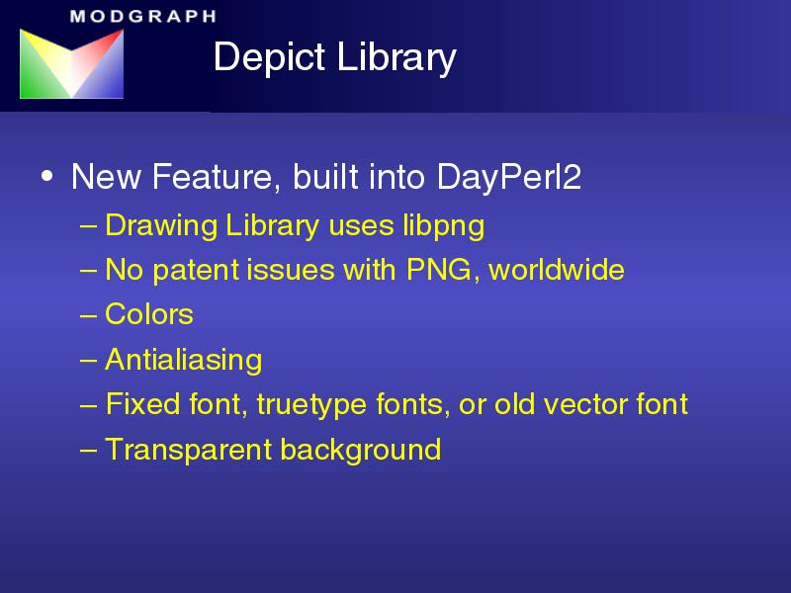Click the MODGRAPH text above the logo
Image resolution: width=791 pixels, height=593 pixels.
coord(143,16)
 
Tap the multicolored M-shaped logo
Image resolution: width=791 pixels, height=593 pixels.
coord(71,63)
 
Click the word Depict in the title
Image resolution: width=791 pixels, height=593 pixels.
coord(269,57)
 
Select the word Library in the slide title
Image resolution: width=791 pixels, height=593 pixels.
coord(396,57)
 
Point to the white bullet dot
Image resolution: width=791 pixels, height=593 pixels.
coord(46,176)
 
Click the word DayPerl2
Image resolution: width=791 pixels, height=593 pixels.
coord(509,178)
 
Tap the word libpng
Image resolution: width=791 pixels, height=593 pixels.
coord(443,226)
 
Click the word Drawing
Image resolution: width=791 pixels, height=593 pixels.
coord(161,226)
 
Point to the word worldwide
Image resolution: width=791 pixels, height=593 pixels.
coord(557,269)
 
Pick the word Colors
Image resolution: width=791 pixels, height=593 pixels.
coord(149,314)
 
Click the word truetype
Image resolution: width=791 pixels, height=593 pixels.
coord(311,405)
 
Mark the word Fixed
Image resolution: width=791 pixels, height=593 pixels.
coord(142,404)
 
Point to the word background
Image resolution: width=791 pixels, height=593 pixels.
coord(361,450)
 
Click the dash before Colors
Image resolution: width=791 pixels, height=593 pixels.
coord(88,315)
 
